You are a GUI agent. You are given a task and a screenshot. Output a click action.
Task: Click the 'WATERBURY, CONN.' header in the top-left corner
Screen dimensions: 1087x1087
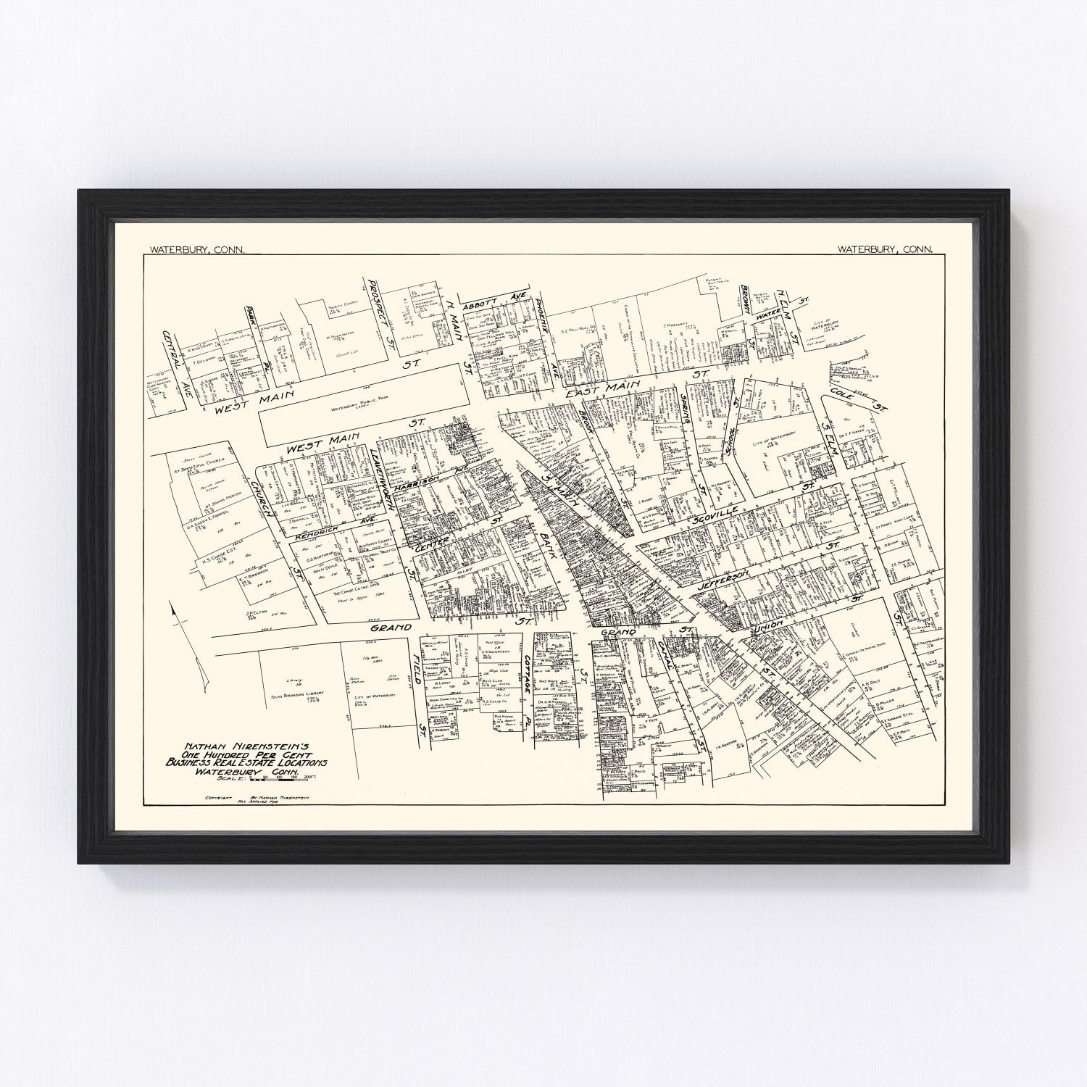[x=196, y=249]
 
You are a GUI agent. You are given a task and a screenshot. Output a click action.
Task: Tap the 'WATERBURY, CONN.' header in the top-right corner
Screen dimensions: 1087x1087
[x=885, y=249]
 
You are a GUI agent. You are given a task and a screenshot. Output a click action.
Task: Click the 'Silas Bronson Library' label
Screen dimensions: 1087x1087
[x=300, y=693]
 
